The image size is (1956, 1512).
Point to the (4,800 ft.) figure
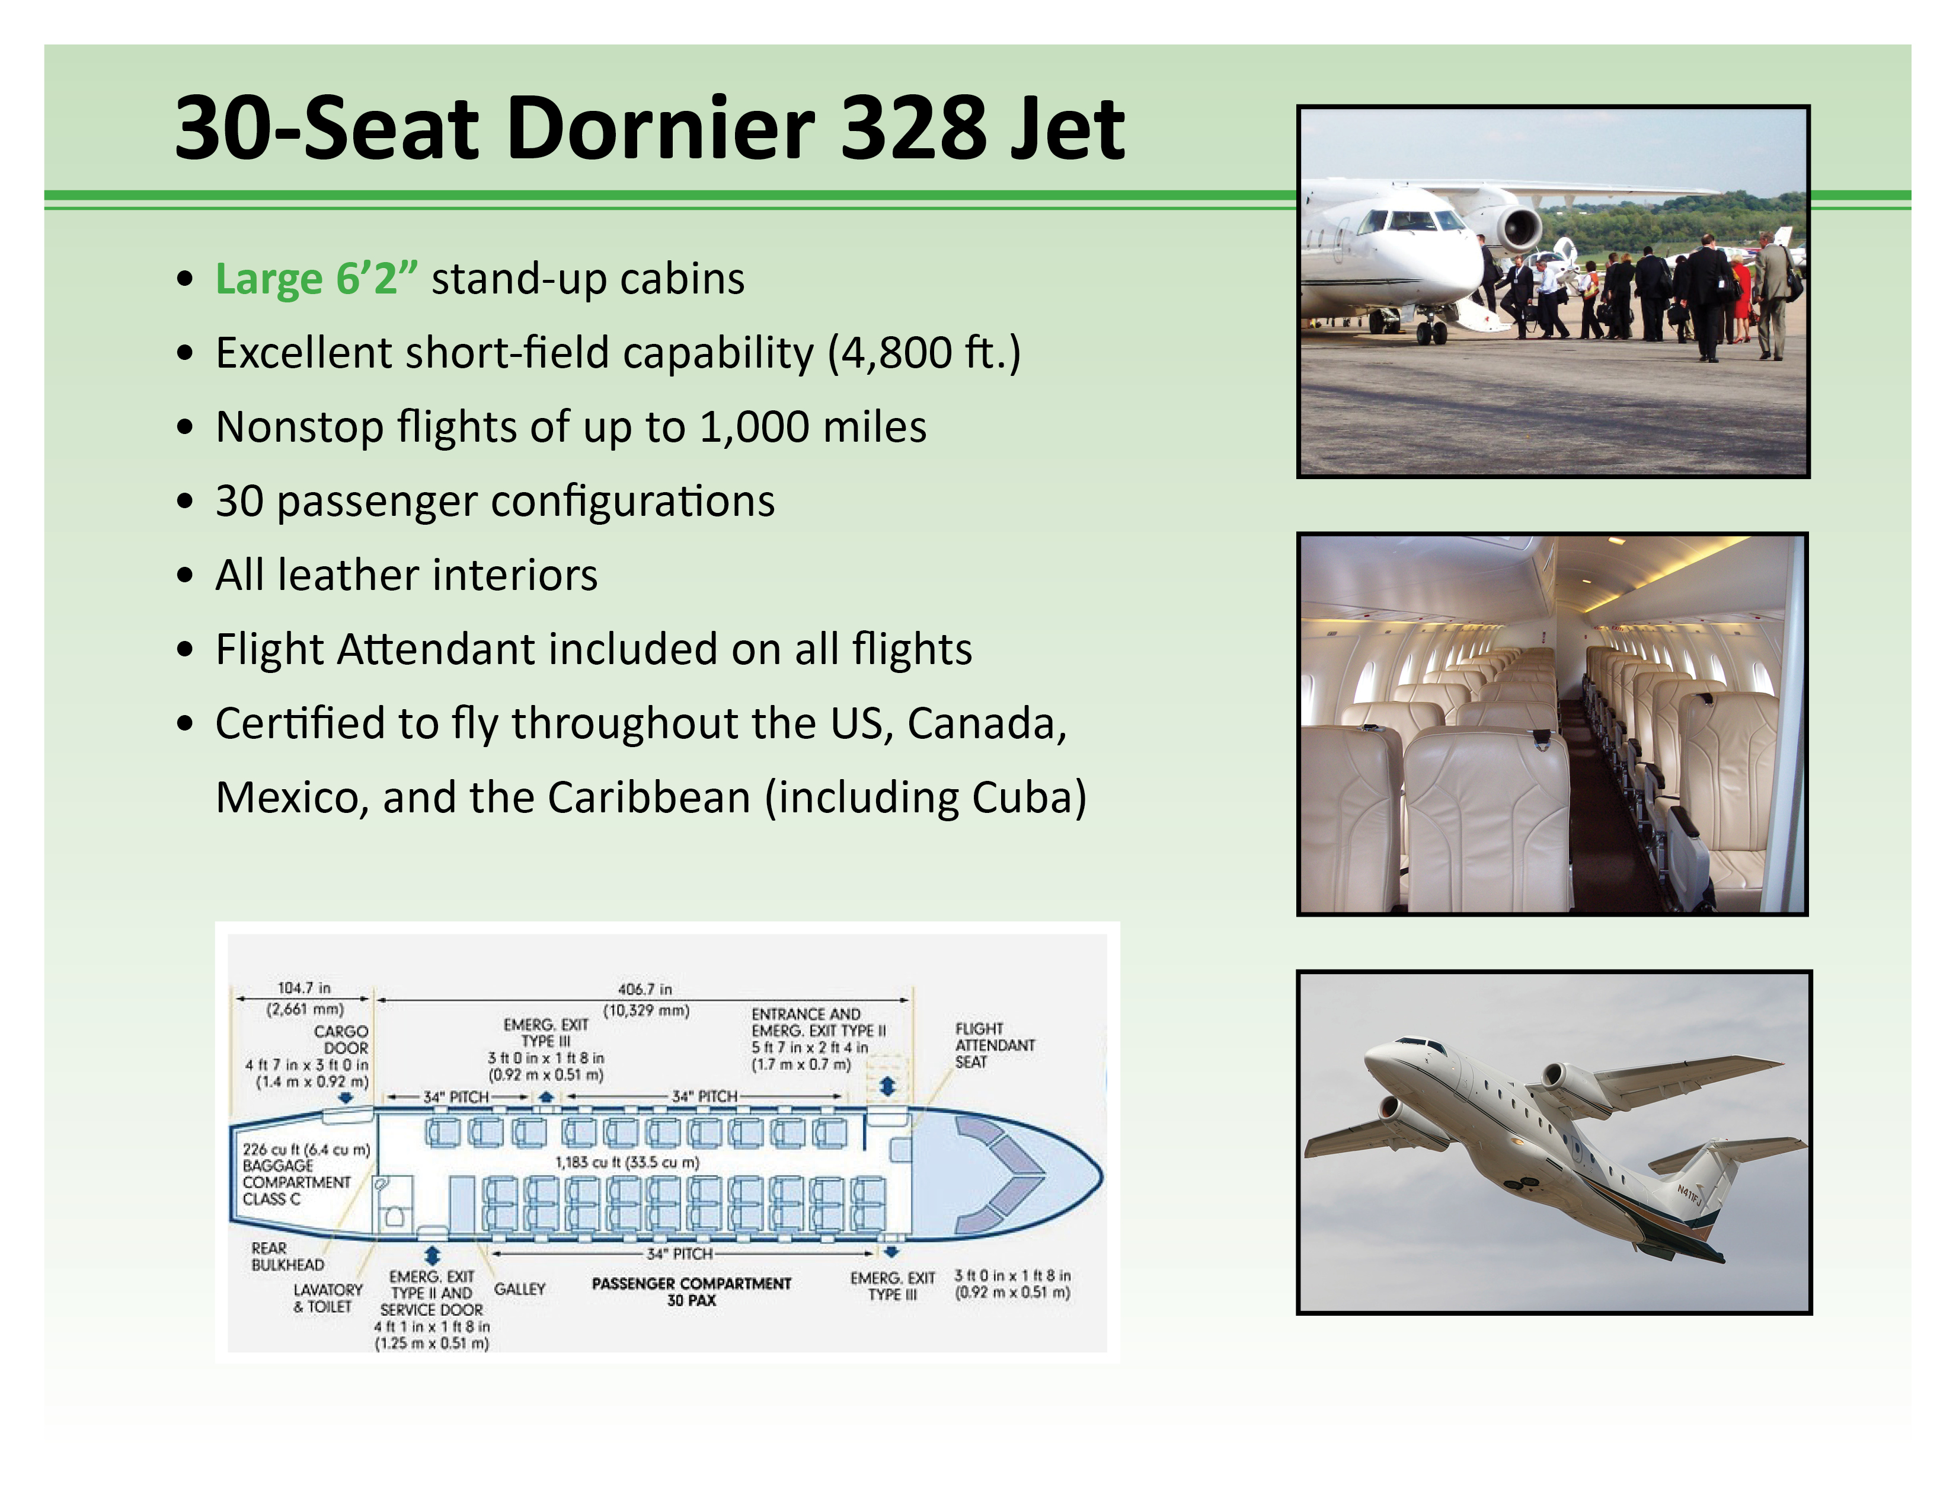point(923,353)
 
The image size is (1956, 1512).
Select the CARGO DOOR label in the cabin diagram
point(341,1039)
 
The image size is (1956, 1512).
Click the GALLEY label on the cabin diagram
point(519,1289)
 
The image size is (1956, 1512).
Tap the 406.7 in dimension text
point(645,989)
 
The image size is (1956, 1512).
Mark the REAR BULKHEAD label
point(287,1256)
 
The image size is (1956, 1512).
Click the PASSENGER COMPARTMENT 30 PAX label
point(691,1291)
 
